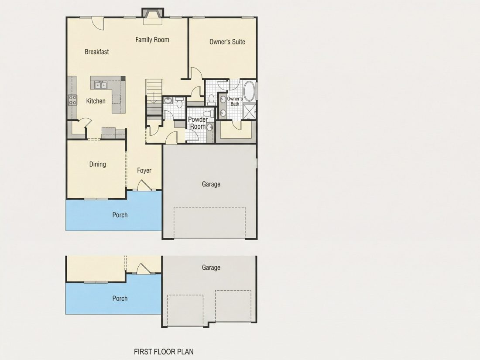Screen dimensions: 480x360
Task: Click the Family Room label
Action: coord(152,40)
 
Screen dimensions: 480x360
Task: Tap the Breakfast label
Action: coord(97,52)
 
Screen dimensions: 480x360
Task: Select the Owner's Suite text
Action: coord(227,41)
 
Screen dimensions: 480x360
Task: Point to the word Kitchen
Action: coord(96,101)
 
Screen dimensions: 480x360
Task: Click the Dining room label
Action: coord(98,165)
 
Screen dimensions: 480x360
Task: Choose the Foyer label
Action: coord(144,171)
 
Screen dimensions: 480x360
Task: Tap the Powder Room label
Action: coord(198,123)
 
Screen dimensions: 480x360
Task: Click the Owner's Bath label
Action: coord(235,101)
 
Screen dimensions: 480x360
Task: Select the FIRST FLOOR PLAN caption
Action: coord(164,352)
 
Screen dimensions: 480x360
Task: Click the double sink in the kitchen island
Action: coord(100,85)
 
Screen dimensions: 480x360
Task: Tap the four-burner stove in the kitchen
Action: coord(72,100)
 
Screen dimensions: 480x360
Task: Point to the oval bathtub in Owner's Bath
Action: coord(249,91)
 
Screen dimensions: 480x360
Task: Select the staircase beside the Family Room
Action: coord(154,97)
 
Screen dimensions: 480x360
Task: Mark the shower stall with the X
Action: coord(250,111)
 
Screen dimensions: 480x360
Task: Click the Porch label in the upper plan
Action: coord(120,215)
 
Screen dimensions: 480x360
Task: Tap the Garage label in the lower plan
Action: coord(211,267)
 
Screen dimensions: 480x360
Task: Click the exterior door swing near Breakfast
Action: coord(98,24)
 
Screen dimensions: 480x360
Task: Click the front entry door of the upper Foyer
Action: coord(143,186)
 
